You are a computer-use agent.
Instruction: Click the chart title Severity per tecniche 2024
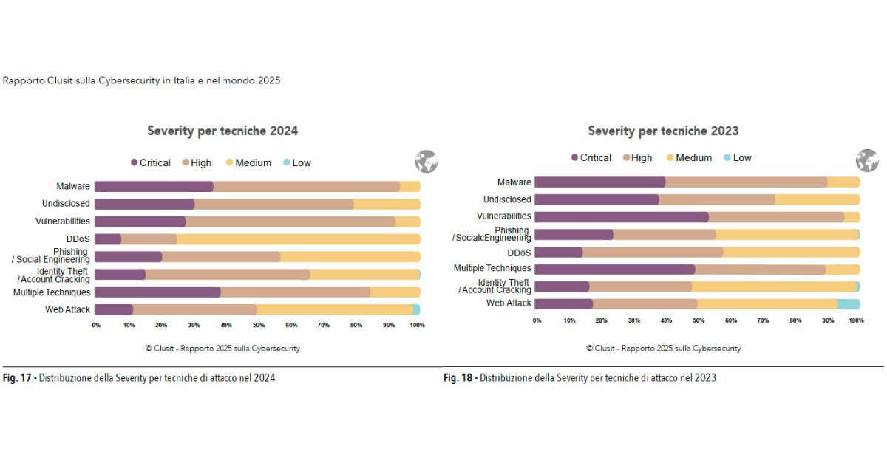click(x=222, y=131)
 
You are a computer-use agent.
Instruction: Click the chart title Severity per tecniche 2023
click(x=663, y=131)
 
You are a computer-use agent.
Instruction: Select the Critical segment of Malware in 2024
click(x=154, y=187)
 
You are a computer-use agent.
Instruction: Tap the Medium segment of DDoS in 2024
click(x=299, y=239)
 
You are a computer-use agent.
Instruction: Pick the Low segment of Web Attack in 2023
click(x=848, y=304)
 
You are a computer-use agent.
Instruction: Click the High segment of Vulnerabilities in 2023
click(x=776, y=217)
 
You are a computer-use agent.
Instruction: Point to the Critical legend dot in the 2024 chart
click(x=134, y=162)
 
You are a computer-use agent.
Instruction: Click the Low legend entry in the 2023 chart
click(x=737, y=157)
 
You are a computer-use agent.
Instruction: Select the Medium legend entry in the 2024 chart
click(x=248, y=162)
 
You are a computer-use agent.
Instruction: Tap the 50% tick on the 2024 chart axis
click(x=259, y=325)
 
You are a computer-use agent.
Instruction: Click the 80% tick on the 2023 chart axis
click(x=795, y=320)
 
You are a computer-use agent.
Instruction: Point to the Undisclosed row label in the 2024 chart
click(x=66, y=204)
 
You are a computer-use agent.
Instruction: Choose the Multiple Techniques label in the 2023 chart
click(x=492, y=269)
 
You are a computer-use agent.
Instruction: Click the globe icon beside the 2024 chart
click(x=426, y=161)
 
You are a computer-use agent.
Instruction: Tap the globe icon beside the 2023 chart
click(x=866, y=160)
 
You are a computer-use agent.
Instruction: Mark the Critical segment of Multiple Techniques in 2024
click(x=157, y=292)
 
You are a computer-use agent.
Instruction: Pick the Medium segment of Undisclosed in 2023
click(x=818, y=199)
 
